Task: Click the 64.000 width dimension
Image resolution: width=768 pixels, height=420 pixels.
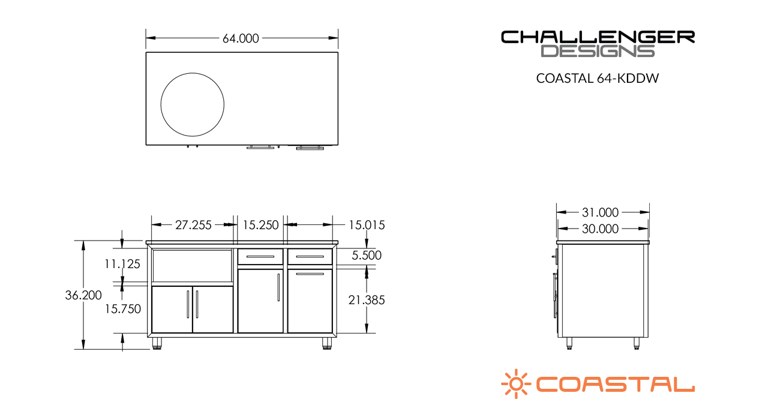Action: click(x=241, y=38)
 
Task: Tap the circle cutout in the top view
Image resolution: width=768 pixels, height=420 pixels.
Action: click(x=193, y=103)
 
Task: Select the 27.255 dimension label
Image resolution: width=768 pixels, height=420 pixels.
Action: click(x=193, y=225)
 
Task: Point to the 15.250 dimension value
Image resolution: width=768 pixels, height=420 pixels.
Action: click(x=260, y=225)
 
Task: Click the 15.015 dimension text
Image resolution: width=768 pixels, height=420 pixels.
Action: click(x=366, y=225)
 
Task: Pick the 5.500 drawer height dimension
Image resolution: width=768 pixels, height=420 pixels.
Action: click(x=366, y=255)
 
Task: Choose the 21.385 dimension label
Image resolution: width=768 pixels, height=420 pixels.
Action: click(x=366, y=300)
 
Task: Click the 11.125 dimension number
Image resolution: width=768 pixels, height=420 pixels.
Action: click(x=122, y=263)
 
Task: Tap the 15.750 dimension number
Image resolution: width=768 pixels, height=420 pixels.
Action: click(x=122, y=309)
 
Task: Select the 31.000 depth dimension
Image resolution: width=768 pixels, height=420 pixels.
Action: click(x=600, y=212)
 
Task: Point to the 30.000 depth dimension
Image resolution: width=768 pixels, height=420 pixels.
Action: click(x=600, y=229)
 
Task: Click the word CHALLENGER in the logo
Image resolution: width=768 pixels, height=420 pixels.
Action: click(x=598, y=37)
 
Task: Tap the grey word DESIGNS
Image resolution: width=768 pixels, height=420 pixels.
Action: click(x=598, y=52)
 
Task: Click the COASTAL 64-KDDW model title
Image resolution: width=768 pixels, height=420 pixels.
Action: click(x=598, y=79)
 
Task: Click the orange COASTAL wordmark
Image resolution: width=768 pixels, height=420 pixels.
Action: click(x=615, y=384)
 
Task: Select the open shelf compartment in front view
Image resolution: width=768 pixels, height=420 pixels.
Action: click(x=192, y=266)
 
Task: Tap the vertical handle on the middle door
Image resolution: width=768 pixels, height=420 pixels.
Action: click(x=278, y=287)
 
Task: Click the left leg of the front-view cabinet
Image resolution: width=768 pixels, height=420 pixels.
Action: click(x=157, y=343)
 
